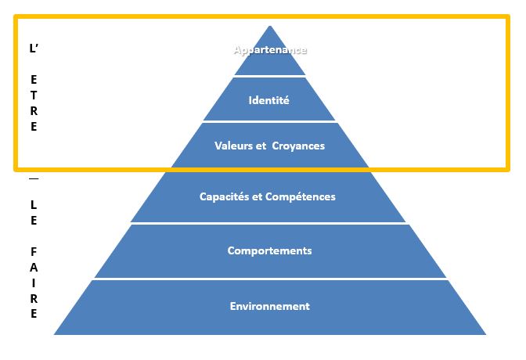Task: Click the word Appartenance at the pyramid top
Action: click(270, 50)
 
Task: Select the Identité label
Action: click(268, 100)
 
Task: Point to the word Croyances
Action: click(298, 146)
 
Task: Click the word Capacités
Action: click(224, 196)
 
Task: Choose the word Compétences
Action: click(301, 196)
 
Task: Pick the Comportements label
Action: click(270, 251)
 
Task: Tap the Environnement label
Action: click(270, 306)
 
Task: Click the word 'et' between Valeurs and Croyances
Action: click(261, 146)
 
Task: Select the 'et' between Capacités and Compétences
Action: click(257, 196)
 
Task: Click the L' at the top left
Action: click(34, 49)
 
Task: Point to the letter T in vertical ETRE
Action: click(34, 95)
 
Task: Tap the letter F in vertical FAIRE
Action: click(34, 252)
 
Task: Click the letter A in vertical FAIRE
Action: click(34, 268)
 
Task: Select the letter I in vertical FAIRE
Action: click(34, 283)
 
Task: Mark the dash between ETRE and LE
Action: click(34, 178)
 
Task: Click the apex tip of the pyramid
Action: click(270, 26)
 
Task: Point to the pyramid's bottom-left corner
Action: click(54, 334)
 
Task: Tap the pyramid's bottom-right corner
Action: click(486, 334)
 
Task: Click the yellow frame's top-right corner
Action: click(508, 16)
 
